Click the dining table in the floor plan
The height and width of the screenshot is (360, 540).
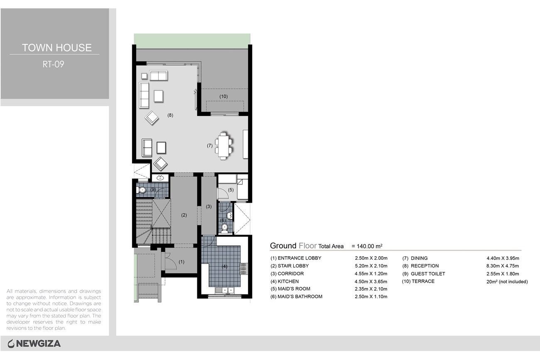coord(224,146)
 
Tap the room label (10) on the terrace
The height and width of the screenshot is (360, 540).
coord(223,96)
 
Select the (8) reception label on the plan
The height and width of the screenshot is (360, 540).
coord(170,115)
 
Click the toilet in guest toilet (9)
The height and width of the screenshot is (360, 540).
coord(141,190)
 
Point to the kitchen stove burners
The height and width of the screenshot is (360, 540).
coord(243,268)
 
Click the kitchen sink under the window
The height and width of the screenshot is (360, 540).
coord(224,290)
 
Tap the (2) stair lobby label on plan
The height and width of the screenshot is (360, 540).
coord(184,215)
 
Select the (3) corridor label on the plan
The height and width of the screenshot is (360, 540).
coord(209,206)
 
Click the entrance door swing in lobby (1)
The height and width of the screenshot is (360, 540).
coord(171,262)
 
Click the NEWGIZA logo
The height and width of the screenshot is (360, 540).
coord(34,344)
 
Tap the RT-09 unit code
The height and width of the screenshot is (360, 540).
coord(53,64)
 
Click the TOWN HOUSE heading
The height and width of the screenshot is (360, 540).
coord(57,48)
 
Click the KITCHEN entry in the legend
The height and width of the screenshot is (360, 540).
coord(285,282)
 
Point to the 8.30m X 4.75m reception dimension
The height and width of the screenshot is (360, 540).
coord(503,266)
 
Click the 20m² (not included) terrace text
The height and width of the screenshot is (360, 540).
coord(507,282)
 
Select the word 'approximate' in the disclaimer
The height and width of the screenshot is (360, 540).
coord(31,298)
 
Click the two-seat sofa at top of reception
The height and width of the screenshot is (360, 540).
coord(158,76)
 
